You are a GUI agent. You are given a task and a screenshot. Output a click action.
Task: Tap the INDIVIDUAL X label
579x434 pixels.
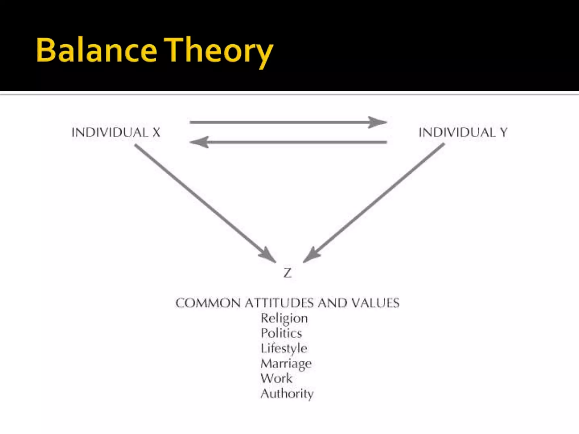pyautogui.click(x=116, y=133)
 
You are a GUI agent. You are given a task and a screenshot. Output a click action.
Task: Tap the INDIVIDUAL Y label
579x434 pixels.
pyautogui.click(x=463, y=133)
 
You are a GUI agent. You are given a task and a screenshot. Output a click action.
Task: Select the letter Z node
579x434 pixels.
pyautogui.click(x=287, y=273)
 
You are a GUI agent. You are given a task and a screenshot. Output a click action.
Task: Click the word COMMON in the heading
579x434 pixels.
pyautogui.click(x=208, y=303)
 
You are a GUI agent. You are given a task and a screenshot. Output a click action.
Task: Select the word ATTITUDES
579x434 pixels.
pyautogui.click(x=280, y=303)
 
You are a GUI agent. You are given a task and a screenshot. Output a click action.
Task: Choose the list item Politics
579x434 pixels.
pyautogui.click(x=281, y=333)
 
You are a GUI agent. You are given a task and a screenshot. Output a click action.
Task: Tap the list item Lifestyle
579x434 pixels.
pyautogui.click(x=284, y=348)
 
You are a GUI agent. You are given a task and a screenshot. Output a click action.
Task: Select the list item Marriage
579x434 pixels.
pyautogui.click(x=286, y=364)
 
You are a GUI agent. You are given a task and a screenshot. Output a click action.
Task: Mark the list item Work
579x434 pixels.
pyautogui.click(x=276, y=379)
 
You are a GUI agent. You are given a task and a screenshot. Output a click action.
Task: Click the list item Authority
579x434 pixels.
pyautogui.click(x=287, y=394)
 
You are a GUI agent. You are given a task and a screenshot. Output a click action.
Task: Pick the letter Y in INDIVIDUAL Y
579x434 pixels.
pyautogui.click(x=504, y=133)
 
